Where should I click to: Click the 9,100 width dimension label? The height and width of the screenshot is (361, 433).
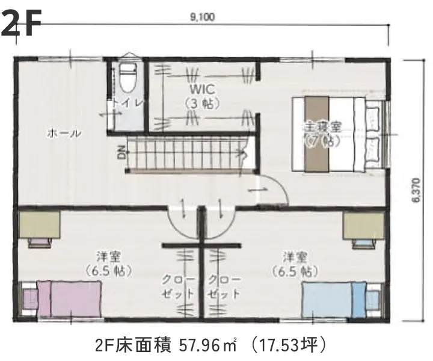pos(202,17)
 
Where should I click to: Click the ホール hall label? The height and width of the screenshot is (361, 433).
pos(64,134)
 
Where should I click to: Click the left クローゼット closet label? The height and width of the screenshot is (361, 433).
pos(179,287)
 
